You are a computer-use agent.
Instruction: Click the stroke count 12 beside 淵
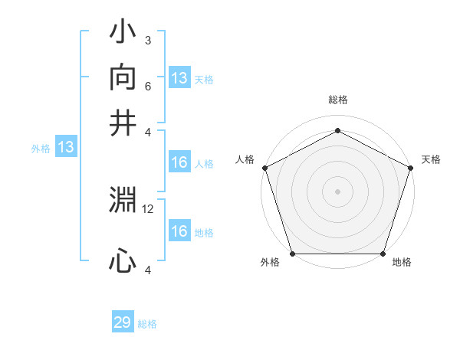click(x=148, y=208)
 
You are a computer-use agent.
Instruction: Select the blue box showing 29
click(x=123, y=322)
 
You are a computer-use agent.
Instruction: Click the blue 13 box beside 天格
click(x=179, y=78)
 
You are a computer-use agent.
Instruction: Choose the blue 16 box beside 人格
click(x=179, y=162)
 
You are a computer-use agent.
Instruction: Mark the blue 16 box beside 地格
click(x=179, y=231)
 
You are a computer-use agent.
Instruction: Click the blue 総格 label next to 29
click(x=147, y=324)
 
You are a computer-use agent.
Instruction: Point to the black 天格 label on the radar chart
click(x=431, y=159)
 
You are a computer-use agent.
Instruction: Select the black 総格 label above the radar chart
click(x=337, y=100)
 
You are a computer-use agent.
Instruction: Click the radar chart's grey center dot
click(x=337, y=191)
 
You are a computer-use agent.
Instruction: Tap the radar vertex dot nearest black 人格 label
click(x=265, y=168)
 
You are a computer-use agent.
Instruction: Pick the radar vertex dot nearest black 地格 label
click(x=383, y=254)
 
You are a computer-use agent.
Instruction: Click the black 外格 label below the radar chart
click(x=270, y=263)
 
